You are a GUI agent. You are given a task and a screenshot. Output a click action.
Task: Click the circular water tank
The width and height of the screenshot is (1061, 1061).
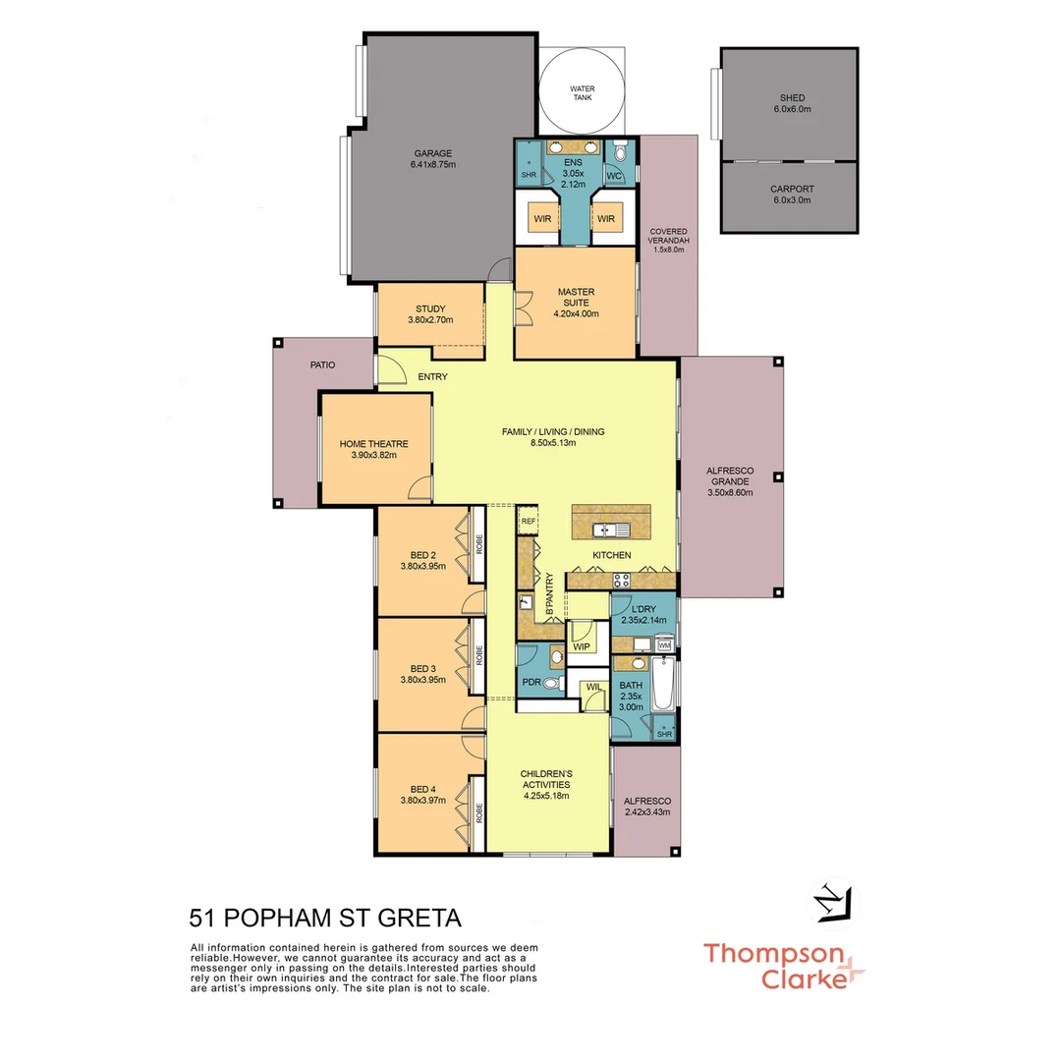click(x=583, y=93)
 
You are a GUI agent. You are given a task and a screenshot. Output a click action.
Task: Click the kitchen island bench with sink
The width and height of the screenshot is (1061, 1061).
click(x=611, y=523)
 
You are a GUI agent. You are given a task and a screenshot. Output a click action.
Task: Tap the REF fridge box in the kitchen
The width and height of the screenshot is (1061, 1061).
click(x=529, y=521)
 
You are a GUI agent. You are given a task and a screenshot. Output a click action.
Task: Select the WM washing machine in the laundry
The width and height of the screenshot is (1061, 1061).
click(x=664, y=645)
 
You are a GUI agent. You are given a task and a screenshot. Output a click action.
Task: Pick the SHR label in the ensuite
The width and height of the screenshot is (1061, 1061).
click(x=529, y=175)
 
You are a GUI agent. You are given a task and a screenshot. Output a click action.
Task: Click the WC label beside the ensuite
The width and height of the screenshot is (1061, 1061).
click(x=615, y=176)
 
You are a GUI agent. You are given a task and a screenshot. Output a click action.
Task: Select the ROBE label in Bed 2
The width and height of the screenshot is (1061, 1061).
click(x=479, y=544)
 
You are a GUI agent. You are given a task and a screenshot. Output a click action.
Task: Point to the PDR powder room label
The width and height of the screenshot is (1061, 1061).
click(x=531, y=681)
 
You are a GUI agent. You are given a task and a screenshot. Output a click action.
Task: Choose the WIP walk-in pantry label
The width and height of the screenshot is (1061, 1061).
click(x=581, y=646)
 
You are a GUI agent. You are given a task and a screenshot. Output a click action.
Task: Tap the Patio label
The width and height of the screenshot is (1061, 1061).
click(x=322, y=364)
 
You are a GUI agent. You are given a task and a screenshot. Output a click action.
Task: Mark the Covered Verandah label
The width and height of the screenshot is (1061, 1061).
click(x=668, y=240)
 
